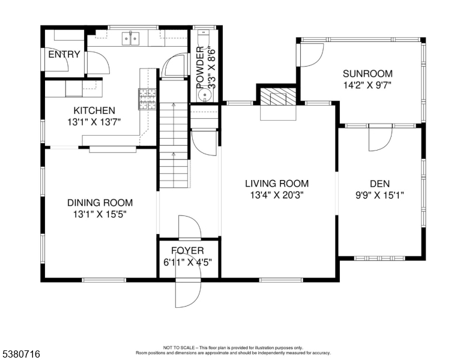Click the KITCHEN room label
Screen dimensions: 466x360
pos(94,110)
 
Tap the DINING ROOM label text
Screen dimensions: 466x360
pos(100,203)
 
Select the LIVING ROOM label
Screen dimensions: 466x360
pos(277,183)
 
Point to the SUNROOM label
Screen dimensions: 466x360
pos(368,73)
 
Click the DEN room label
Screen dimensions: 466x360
pos(380,184)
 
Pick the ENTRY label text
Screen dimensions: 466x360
pos(64,55)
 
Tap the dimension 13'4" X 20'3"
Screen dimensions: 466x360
pos(277,195)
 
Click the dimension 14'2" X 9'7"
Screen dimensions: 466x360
pos(368,85)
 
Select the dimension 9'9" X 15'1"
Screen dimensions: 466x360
pos(380,195)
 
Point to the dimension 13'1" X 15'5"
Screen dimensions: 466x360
pos(100,214)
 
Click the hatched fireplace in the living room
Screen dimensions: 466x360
pos(278,97)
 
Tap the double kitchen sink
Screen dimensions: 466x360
pos(131,38)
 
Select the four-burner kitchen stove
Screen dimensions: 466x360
pos(147,99)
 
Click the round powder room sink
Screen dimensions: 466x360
pos(204,95)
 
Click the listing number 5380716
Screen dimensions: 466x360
pos(22,354)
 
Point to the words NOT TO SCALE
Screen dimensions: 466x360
pos(179,347)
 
